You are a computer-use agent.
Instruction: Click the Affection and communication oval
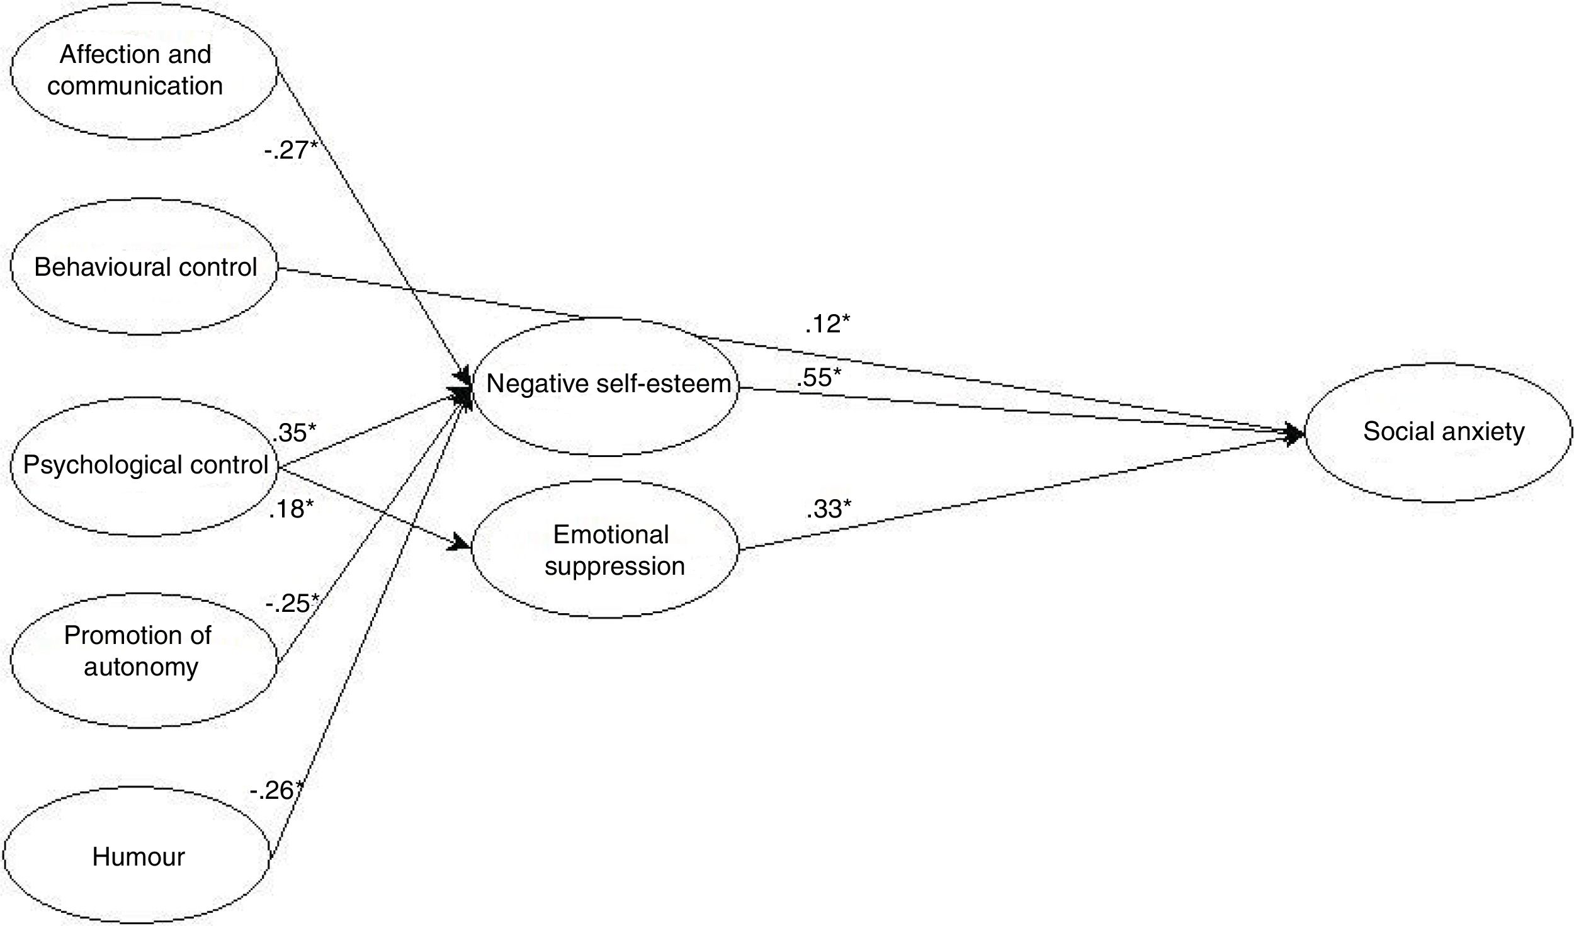coord(144,71)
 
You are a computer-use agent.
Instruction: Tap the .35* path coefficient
coord(293,433)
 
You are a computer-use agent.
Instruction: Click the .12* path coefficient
coord(827,324)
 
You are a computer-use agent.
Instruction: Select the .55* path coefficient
coord(818,378)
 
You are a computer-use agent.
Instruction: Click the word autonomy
coord(141,667)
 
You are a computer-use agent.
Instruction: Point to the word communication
coord(135,86)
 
